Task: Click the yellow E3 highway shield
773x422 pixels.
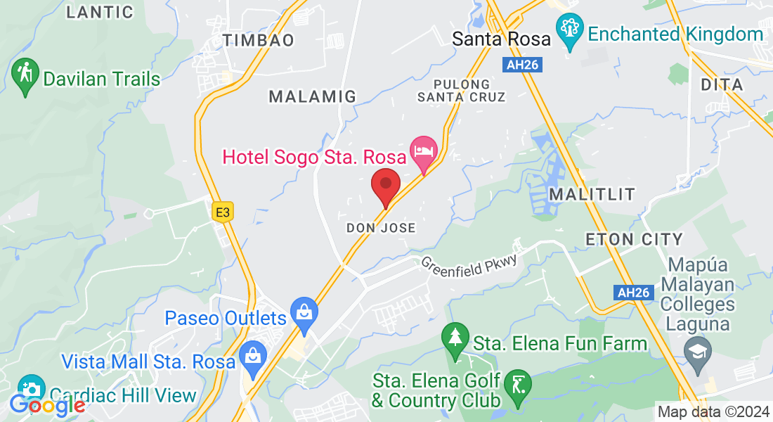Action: (x=223, y=211)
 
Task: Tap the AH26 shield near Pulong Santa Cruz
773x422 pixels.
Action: (x=522, y=65)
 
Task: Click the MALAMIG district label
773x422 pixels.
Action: (x=313, y=96)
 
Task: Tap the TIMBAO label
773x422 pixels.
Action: (x=259, y=40)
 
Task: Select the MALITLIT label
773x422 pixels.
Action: (x=592, y=193)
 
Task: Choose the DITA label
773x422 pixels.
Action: (x=722, y=84)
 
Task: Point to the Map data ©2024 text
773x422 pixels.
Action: (x=713, y=411)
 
